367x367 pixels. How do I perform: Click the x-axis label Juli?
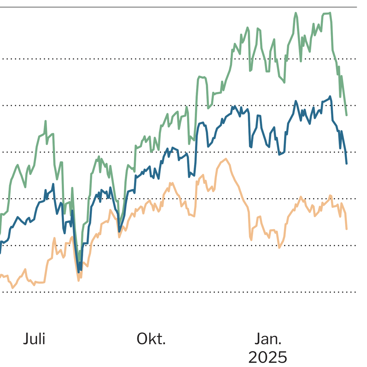[x=34, y=339]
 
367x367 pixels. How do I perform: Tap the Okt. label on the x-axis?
[x=151, y=339]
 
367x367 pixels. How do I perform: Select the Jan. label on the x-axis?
[x=268, y=339]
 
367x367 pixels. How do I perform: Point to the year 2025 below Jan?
[x=268, y=357]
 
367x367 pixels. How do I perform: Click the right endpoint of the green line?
[x=347, y=115]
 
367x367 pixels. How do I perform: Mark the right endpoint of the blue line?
[x=347, y=163]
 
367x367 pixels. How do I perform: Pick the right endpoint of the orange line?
[x=347, y=228]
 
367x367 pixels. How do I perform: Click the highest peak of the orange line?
[x=226, y=159]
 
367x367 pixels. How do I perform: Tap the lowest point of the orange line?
[x=13, y=288]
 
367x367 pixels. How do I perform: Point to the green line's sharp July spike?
[x=46, y=121]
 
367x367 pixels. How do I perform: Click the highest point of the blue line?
[x=330, y=96]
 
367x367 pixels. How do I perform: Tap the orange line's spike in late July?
[x=54, y=238]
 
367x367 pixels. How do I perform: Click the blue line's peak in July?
[x=53, y=184]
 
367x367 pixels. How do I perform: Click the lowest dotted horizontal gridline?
[x=183, y=292]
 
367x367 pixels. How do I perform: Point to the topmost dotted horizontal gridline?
[x=183, y=58]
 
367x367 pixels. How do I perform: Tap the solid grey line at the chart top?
[x=183, y=7]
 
